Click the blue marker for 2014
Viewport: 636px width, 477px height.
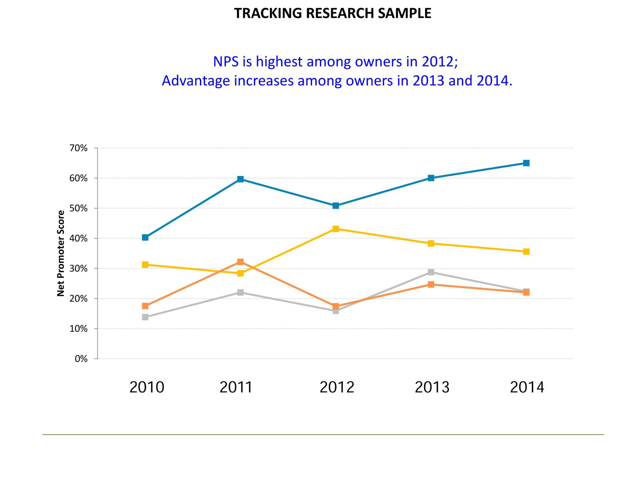pyautogui.click(x=526, y=163)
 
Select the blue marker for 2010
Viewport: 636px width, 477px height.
pyautogui.click(x=145, y=238)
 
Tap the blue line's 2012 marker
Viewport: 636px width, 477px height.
pyautogui.click(x=336, y=206)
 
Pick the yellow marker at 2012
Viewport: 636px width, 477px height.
pyautogui.click(x=336, y=229)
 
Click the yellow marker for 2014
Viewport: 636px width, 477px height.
pyautogui.click(x=526, y=252)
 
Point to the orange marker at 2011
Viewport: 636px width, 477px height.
pyautogui.click(x=240, y=262)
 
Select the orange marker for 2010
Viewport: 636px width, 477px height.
pyautogui.click(x=145, y=306)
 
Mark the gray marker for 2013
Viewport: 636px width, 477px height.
pyautogui.click(x=431, y=272)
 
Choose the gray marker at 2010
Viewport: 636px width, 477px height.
pyautogui.click(x=145, y=317)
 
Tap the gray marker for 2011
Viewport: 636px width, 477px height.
pyautogui.click(x=240, y=292)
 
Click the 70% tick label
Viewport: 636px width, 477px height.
pyautogui.click(x=79, y=148)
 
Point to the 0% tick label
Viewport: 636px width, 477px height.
pyautogui.click(x=81, y=359)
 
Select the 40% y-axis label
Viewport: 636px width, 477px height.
pyautogui.click(x=79, y=238)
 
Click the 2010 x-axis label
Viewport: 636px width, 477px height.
pyautogui.click(x=147, y=387)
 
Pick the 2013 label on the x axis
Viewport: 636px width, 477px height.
pyautogui.click(x=432, y=387)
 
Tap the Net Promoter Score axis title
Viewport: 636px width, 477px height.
pyautogui.click(x=61, y=253)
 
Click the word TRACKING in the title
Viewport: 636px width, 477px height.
pyautogui.click(x=268, y=13)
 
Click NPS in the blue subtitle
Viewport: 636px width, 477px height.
pyautogui.click(x=226, y=61)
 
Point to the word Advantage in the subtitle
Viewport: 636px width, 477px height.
pyautogui.click(x=196, y=81)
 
